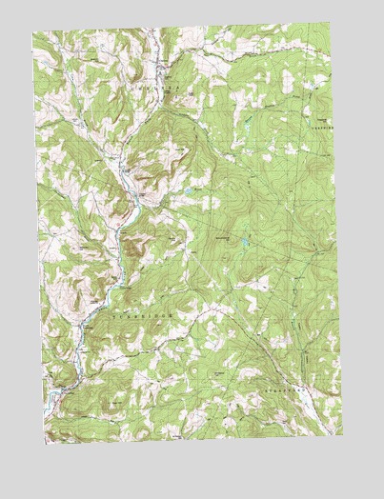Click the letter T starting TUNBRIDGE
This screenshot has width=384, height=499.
[114, 311]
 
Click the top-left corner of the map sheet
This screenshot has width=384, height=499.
[31, 31]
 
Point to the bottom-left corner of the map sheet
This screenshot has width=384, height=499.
[44, 444]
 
